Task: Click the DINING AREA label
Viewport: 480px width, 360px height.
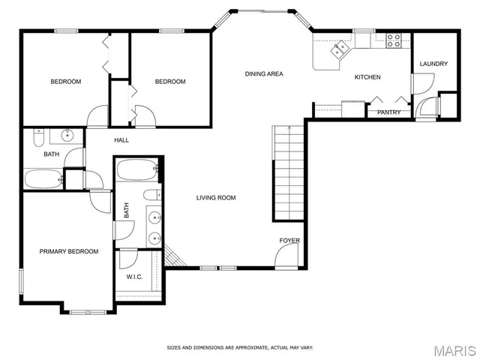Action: point(264,73)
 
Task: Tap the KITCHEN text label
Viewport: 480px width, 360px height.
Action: point(367,77)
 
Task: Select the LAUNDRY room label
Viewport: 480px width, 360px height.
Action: point(433,64)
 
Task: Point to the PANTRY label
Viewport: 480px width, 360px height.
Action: point(388,112)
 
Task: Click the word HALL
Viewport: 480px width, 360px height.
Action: point(121,140)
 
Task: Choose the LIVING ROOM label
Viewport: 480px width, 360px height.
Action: point(216,198)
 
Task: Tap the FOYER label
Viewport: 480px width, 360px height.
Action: point(289,241)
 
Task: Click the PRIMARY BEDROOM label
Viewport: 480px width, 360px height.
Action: point(69,251)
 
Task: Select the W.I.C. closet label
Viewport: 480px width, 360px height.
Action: point(134,277)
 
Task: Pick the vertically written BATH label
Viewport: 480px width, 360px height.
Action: point(126,211)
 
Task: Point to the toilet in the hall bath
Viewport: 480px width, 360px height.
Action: point(40,136)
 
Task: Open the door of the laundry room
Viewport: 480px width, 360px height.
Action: point(426,107)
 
